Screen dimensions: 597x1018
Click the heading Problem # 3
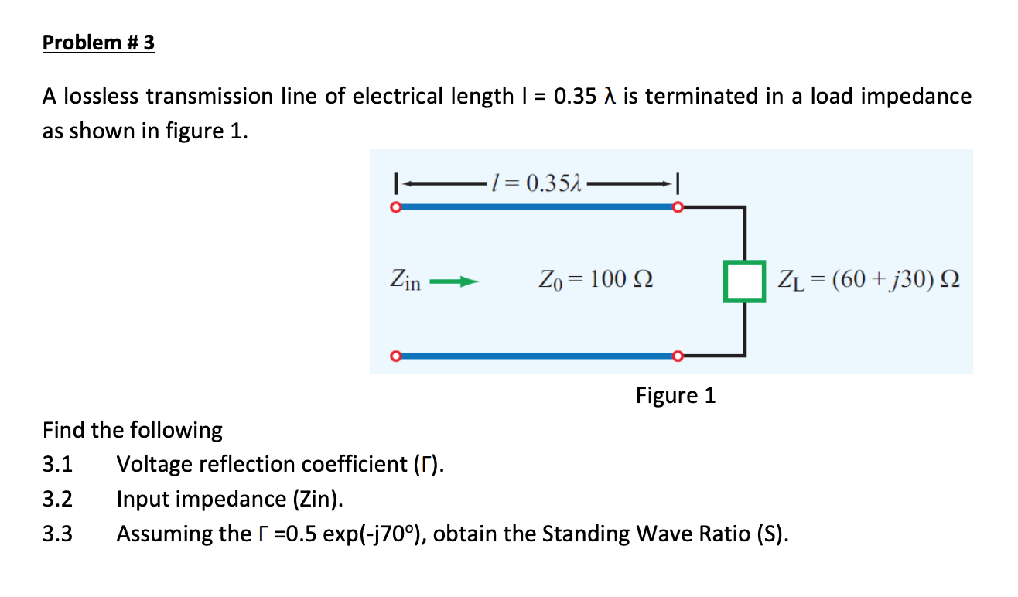point(98,43)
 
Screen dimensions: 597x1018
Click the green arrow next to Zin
point(450,282)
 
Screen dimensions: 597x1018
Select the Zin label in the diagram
point(405,280)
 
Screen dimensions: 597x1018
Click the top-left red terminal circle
point(395,207)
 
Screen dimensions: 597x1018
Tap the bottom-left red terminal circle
point(395,356)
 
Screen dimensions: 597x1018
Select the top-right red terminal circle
point(678,207)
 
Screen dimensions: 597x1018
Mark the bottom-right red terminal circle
point(678,356)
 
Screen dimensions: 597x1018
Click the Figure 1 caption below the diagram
point(675,396)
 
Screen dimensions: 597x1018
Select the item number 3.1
point(57,465)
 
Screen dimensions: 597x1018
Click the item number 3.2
point(57,500)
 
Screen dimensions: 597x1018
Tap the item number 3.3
point(57,534)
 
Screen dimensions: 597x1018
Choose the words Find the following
point(132,430)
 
